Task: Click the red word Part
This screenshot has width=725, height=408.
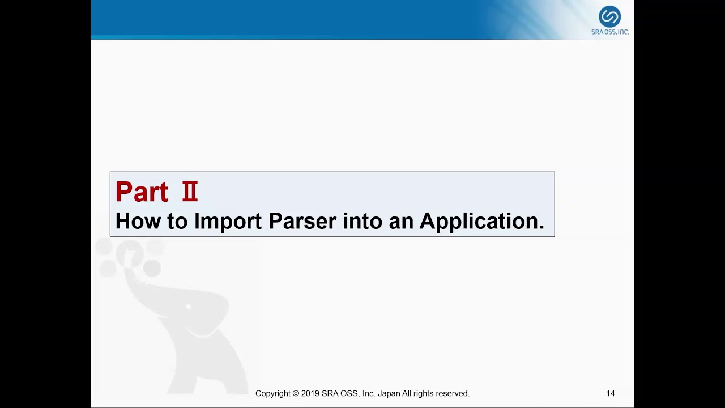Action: (142, 192)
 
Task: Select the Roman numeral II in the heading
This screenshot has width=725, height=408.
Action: (190, 192)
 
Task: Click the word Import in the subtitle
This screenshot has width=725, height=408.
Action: (228, 221)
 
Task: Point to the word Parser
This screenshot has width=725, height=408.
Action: (302, 221)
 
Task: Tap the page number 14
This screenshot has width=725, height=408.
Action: (610, 393)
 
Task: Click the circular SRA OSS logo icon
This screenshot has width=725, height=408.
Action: (609, 16)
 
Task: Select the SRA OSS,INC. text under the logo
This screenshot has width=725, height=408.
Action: (610, 32)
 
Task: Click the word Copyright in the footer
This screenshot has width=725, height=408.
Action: (273, 393)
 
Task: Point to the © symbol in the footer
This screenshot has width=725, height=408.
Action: (296, 393)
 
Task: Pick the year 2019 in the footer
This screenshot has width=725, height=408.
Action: (310, 393)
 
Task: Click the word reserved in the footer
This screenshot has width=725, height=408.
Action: (452, 393)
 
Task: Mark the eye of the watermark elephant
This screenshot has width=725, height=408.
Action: (188, 307)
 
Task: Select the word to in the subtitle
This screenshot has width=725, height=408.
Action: (177, 221)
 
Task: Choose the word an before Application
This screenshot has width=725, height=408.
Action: (401, 221)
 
